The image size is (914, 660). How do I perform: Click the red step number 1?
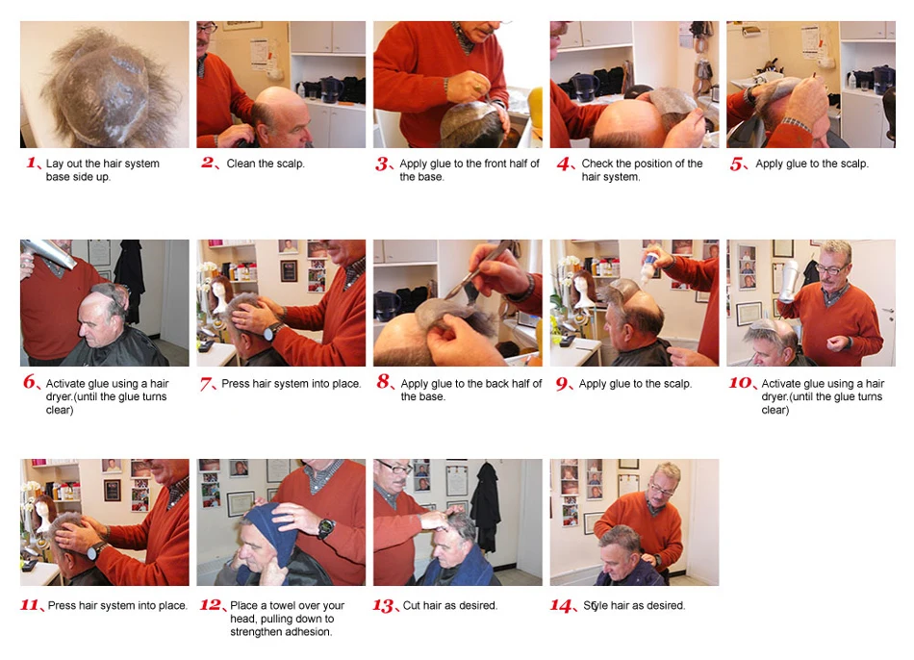[x=32, y=163]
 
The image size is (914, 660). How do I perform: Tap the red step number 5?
[x=737, y=164]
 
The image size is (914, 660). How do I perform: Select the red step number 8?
[x=383, y=382]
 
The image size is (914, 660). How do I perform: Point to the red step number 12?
[x=211, y=604]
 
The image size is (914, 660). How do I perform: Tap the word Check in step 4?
[x=597, y=164]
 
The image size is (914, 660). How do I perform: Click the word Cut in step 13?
[x=412, y=605]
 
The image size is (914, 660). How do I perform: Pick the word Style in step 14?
[x=596, y=606]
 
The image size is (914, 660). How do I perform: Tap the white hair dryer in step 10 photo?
[x=789, y=280]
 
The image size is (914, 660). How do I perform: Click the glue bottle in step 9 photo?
[x=649, y=267]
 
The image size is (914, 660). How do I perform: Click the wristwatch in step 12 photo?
[x=326, y=528]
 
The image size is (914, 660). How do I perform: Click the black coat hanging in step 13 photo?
[x=486, y=506]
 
